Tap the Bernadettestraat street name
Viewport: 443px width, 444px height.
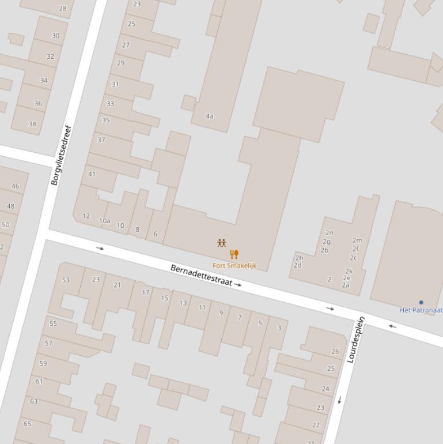[x=201, y=276]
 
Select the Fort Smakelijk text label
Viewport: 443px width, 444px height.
[x=234, y=266]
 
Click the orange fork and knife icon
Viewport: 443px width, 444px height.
[x=234, y=254]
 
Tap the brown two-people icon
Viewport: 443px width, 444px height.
[x=222, y=243]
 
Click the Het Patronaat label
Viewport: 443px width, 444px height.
[x=421, y=310]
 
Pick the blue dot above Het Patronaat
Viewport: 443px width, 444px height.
[x=421, y=302]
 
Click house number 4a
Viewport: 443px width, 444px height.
[x=210, y=116]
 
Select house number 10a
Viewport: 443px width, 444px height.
[x=104, y=221]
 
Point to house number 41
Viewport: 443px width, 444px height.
[x=92, y=174]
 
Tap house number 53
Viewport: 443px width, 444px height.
[x=66, y=280]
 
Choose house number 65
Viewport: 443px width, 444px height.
[x=27, y=423]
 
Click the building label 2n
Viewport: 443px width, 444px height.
[x=329, y=233]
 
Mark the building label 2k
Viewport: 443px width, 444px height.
[x=349, y=271]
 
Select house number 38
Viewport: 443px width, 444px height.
[x=32, y=124]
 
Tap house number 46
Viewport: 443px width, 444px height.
[x=15, y=186]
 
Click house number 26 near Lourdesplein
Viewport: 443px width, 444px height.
[x=335, y=351]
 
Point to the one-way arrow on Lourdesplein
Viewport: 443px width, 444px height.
[x=340, y=400]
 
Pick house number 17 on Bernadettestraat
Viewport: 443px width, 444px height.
[x=146, y=292]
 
